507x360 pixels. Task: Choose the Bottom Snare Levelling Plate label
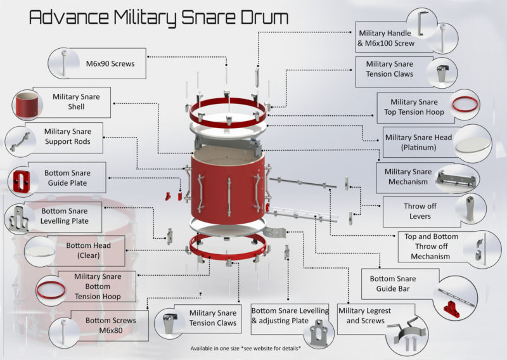coord(65,215)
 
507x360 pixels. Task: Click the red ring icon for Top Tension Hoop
coord(466,105)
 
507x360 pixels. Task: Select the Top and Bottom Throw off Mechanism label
coord(431,247)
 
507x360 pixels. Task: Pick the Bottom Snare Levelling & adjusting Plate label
coord(290,316)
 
